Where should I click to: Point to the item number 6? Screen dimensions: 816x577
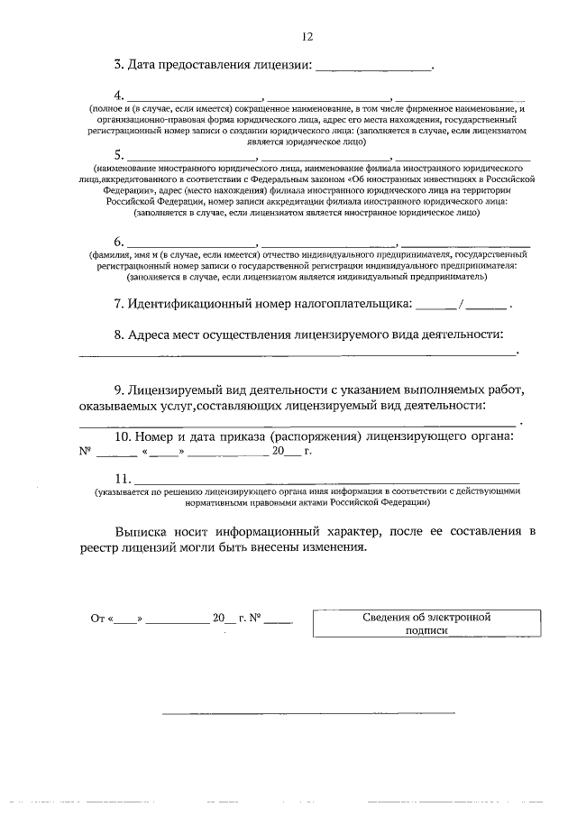(118, 243)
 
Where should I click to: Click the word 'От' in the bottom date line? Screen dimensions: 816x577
(98, 619)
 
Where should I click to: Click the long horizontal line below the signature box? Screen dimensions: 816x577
(307, 714)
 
